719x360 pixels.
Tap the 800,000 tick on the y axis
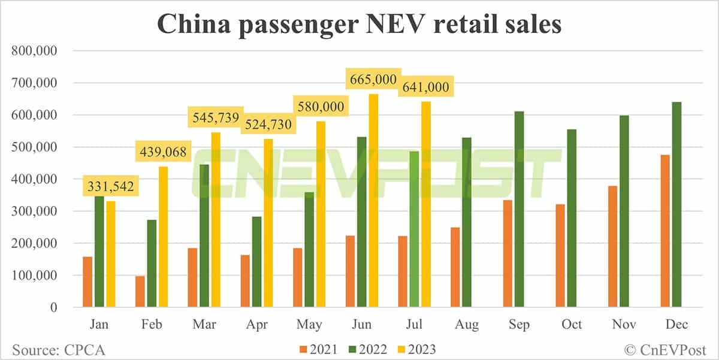[x=34, y=51]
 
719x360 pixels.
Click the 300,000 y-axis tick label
[x=34, y=211]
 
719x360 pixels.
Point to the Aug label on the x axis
[x=467, y=324]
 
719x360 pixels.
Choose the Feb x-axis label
[x=151, y=324]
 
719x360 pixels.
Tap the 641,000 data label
[x=424, y=87]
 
